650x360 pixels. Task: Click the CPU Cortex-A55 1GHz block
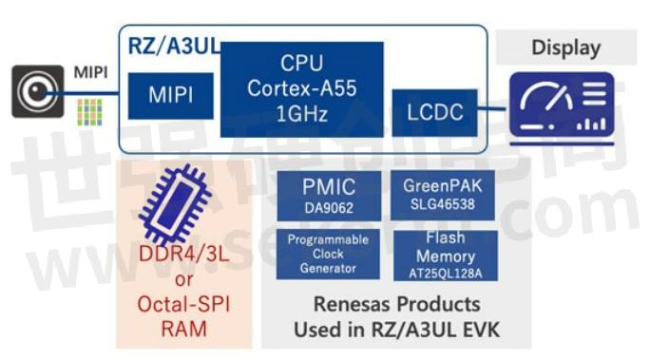click(x=302, y=88)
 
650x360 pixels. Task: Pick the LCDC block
click(x=434, y=112)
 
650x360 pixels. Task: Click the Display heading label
click(x=565, y=47)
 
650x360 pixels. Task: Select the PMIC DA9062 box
click(x=328, y=194)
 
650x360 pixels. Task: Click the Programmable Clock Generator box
click(x=328, y=254)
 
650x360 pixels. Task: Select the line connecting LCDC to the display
click(x=492, y=111)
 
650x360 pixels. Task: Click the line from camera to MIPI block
click(x=95, y=93)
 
